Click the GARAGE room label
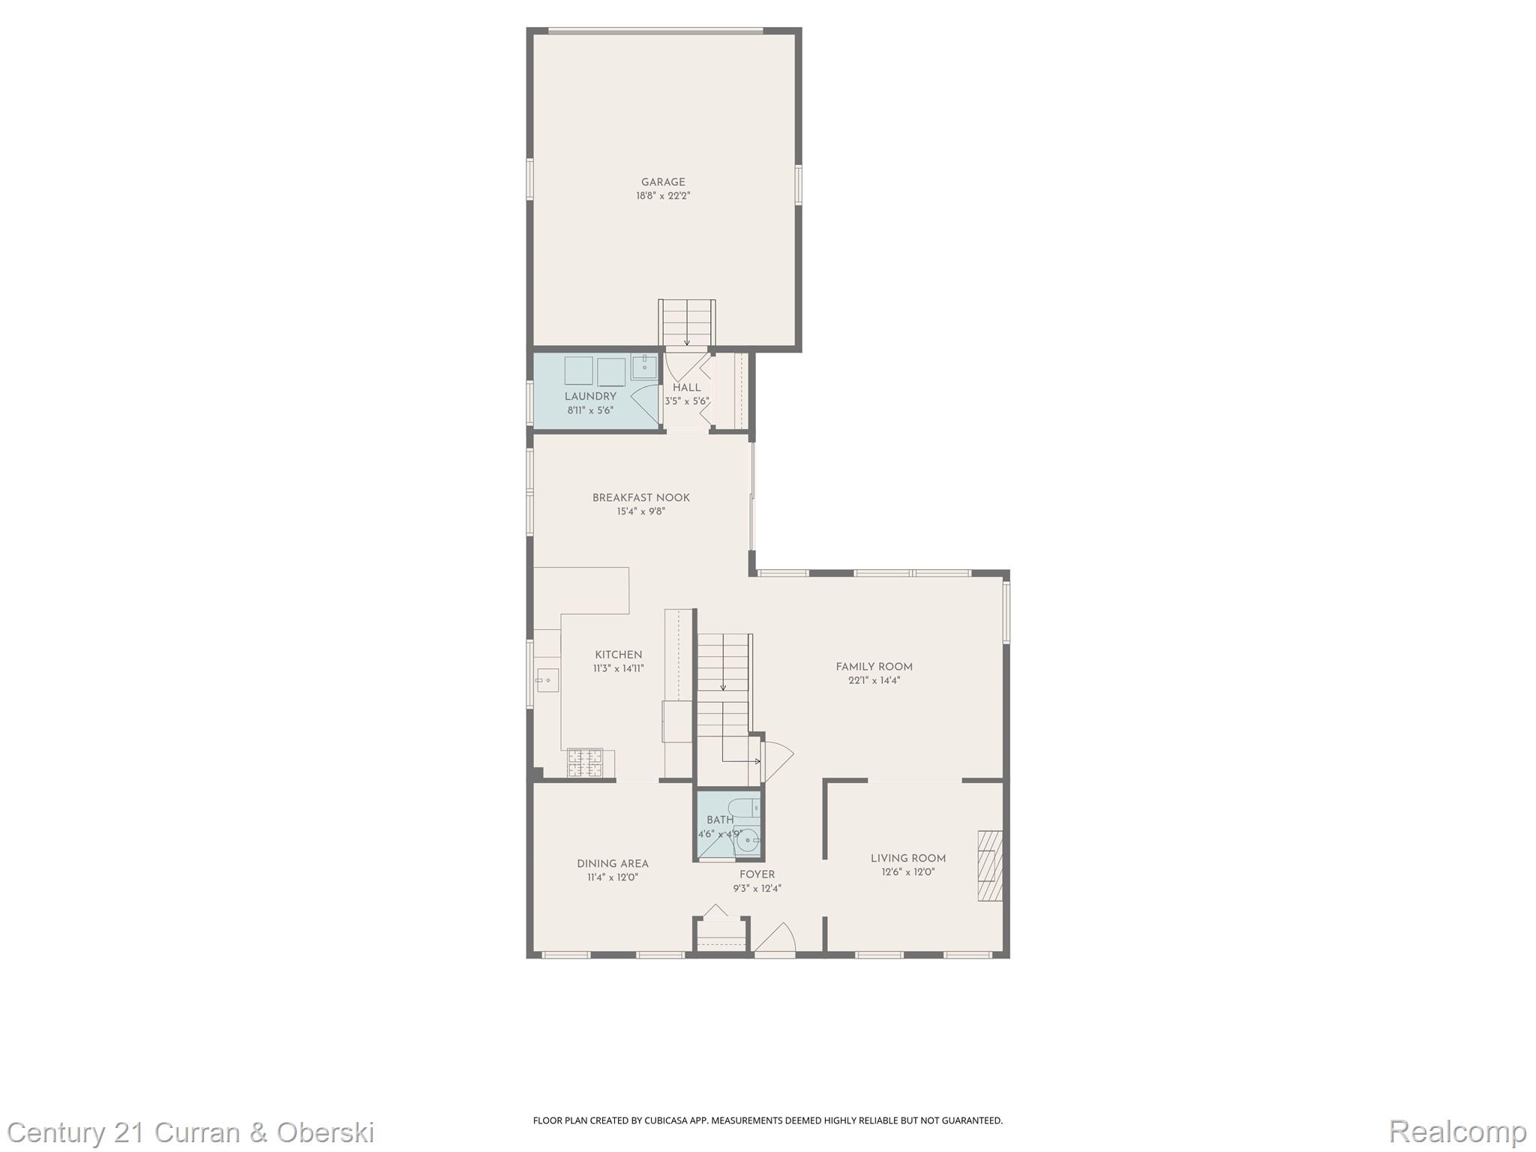(x=663, y=182)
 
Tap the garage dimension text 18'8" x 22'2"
(x=663, y=196)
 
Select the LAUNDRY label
(x=590, y=397)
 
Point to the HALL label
(x=686, y=388)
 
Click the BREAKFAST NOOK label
(x=641, y=498)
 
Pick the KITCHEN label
(x=619, y=655)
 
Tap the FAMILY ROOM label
(x=874, y=667)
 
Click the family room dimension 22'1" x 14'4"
(x=874, y=681)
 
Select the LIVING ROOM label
(x=908, y=859)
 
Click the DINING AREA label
(x=613, y=864)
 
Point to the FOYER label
(x=757, y=874)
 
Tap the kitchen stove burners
(x=585, y=763)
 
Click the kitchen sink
(x=544, y=680)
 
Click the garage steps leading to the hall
(x=687, y=322)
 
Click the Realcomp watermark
(x=1457, y=1131)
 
